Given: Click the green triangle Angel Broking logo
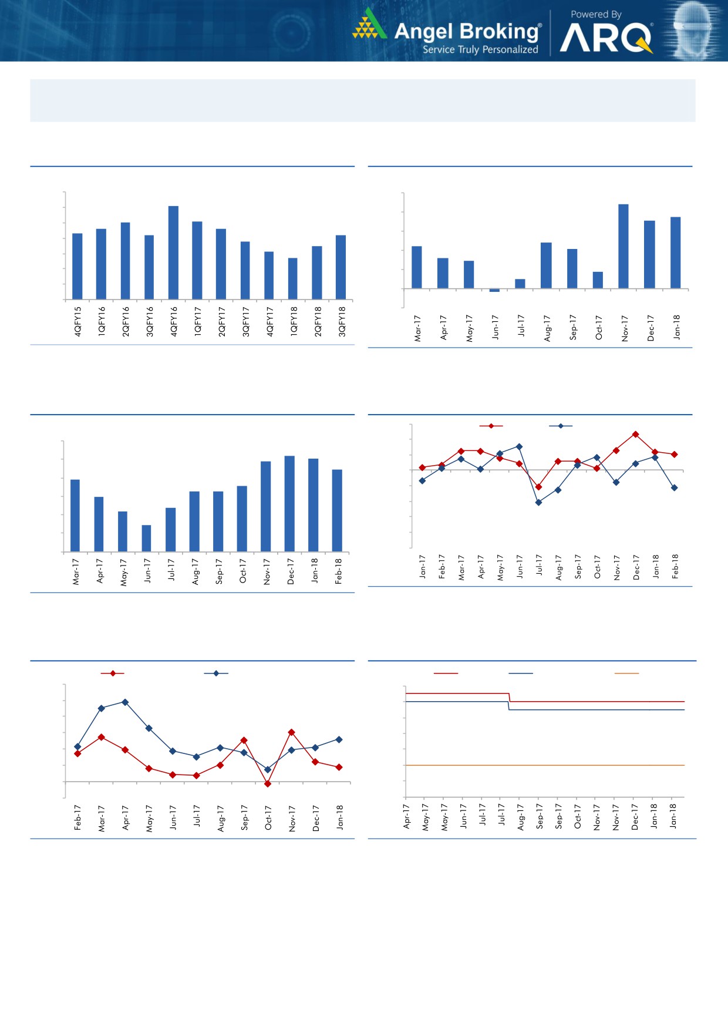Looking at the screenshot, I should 368,25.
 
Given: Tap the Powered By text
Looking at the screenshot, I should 595,14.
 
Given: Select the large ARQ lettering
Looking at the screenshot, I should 605,39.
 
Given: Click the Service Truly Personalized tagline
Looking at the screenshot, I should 480,50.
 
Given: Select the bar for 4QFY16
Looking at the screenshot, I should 173,253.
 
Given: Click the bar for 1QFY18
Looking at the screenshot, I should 293,278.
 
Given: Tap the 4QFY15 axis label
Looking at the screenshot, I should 78,321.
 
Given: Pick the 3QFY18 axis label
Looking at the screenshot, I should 342,321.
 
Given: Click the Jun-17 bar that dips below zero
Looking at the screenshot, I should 494,290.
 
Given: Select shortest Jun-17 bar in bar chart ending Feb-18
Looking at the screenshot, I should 146,538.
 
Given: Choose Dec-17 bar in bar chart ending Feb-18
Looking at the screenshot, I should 289,503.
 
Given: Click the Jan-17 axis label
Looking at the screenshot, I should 423,567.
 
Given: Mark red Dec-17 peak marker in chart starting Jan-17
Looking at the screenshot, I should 635,434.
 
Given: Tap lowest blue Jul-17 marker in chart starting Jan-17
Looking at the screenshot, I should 538,502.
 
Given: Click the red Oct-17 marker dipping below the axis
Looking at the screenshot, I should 268,783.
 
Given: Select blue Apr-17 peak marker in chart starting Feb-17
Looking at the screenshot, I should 125,702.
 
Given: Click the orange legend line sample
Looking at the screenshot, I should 626,673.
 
